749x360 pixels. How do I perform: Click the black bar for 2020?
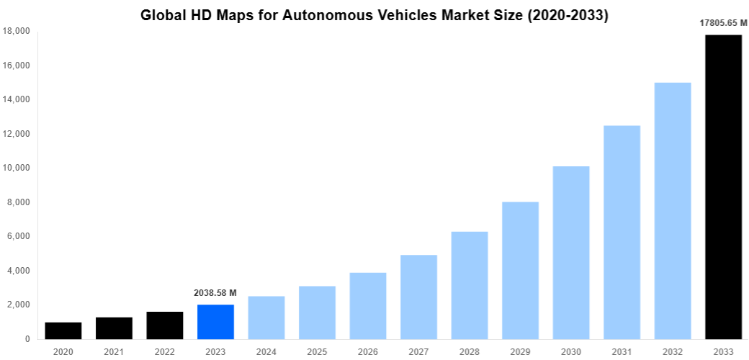click(63, 330)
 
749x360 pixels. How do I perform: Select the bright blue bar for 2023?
click(215, 321)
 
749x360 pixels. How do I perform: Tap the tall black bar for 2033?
click(723, 186)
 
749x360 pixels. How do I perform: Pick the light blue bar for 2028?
click(469, 285)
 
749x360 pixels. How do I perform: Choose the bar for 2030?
click(570, 252)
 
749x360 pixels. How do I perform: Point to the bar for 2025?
click(317, 312)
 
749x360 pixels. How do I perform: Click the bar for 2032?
click(672, 210)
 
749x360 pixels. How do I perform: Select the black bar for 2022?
click(164, 325)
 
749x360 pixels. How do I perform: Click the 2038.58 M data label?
click(215, 293)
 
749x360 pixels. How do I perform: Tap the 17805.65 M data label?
click(723, 23)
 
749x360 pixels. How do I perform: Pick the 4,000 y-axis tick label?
click(18, 271)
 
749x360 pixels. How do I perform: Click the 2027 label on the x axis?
click(418, 351)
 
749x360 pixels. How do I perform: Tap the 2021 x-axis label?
click(114, 351)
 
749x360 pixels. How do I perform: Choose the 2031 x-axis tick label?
click(622, 351)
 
